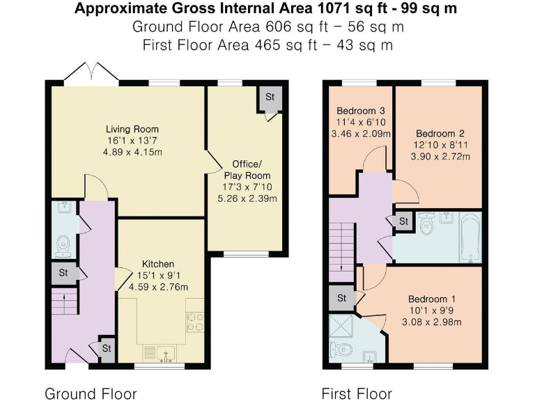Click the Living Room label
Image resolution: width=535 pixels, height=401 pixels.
[x=132, y=129]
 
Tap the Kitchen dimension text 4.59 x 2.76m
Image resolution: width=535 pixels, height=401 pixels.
[x=158, y=287]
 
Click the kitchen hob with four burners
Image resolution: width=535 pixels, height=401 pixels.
[x=195, y=322]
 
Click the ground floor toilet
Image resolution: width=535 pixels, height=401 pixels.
[x=63, y=246]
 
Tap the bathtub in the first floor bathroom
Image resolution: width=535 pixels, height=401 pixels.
[x=470, y=237]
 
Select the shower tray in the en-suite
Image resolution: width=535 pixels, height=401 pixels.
[x=341, y=326]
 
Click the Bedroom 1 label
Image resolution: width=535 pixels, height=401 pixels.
[x=432, y=299]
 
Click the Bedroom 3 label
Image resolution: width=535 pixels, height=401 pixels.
[x=361, y=111]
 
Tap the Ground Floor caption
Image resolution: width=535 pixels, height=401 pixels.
[x=91, y=393]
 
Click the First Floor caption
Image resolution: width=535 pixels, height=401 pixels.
[x=357, y=393]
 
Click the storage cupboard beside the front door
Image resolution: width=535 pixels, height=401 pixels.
[x=107, y=349]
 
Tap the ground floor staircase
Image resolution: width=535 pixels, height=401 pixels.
[x=65, y=301]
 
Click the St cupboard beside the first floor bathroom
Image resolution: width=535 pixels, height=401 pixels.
[x=403, y=221]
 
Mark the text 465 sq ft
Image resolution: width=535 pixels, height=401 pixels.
[x=286, y=45]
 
